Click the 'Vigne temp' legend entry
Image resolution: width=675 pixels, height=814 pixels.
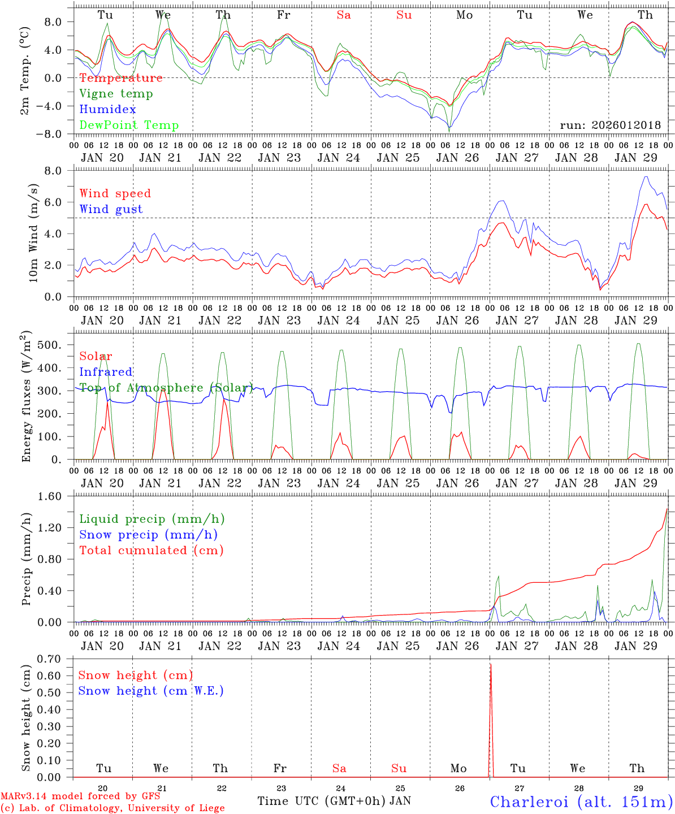116,94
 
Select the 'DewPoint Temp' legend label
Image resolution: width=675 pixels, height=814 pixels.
129,125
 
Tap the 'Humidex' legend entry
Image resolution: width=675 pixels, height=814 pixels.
107,110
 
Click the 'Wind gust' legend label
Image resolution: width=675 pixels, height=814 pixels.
111,209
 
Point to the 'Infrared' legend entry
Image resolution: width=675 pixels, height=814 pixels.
106,372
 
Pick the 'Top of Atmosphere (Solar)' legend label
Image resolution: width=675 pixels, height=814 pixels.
166,388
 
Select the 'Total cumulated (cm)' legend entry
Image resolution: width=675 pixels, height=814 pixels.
151,551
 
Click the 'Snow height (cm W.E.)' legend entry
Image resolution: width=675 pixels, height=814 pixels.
151,691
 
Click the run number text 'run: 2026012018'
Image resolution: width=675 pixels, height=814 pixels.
610,125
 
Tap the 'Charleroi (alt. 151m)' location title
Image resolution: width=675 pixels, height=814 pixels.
581,802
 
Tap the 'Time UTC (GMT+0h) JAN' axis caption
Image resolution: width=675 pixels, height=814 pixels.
334,801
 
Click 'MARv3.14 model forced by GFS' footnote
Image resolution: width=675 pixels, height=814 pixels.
80,796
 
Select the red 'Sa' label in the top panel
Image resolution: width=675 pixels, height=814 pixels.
344,15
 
